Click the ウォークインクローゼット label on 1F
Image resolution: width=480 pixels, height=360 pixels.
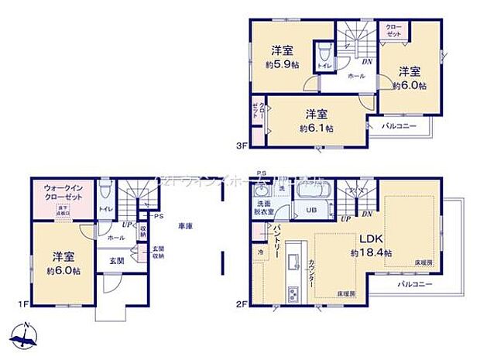(x=63, y=193)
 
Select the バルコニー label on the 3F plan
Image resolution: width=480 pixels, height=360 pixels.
(x=399, y=126)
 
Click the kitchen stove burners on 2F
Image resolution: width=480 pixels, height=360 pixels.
(x=293, y=295)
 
